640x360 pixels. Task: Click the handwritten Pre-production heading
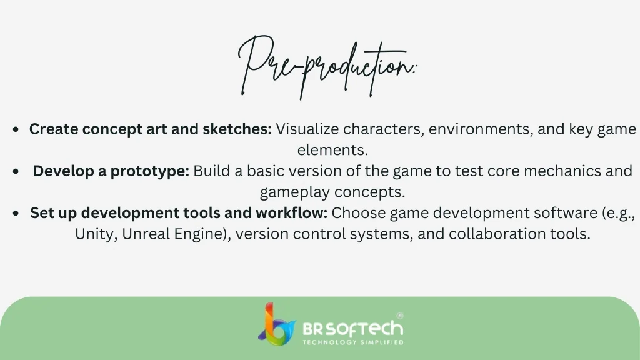(x=327, y=67)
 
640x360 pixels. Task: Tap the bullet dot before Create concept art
(x=16, y=130)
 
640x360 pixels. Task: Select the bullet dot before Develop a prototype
(x=16, y=171)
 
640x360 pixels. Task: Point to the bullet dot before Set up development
(x=16, y=214)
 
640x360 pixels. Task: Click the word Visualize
(x=307, y=129)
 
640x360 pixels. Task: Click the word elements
(x=332, y=150)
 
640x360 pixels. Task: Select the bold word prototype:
(x=150, y=171)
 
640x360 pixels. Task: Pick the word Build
(x=212, y=171)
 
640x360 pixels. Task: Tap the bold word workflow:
(x=291, y=212)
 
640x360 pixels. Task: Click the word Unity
(x=96, y=235)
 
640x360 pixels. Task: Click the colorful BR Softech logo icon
(x=277, y=325)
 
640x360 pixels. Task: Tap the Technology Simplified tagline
(x=353, y=342)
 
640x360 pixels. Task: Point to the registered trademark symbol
(x=400, y=316)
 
